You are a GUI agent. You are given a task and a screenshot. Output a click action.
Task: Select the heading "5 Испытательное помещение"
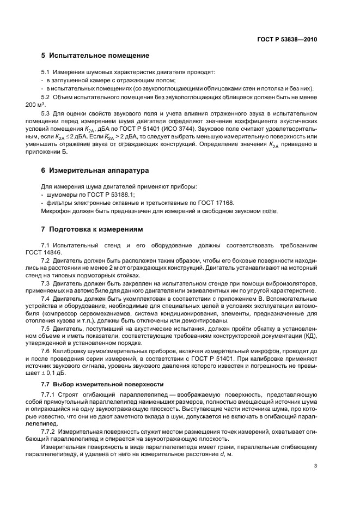click(95, 56)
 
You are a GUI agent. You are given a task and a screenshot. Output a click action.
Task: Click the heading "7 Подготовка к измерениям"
click(95, 229)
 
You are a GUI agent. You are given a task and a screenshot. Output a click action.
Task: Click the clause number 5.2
click(46, 96)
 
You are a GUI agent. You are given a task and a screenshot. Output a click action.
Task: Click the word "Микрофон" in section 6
click(57, 210)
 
